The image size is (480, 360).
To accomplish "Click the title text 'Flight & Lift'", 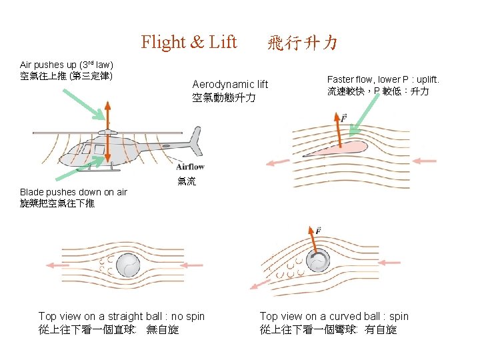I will [x=189, y=43].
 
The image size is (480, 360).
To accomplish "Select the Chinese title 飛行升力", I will [x=302, y=44].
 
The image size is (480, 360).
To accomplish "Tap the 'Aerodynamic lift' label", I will [x=230, y=84].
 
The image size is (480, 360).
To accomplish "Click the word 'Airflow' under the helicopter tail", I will [x=190, y=167].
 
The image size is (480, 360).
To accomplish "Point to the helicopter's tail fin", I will [x=195, y=141].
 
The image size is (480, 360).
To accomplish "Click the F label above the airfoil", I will [x=344, y=118].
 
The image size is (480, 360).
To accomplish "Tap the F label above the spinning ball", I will [x=318, y=231].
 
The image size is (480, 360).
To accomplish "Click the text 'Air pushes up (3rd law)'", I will [x=67, y=65].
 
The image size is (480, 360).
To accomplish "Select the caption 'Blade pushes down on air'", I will [x=73, y=192].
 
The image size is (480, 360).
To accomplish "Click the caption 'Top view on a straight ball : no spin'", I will [x=121, y=316].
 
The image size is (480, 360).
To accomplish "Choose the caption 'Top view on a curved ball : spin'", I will [x=334, y=316].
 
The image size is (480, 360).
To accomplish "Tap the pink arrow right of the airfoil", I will [x=425, y=161].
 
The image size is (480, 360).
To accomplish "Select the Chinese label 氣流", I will [x=187, y=181].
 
